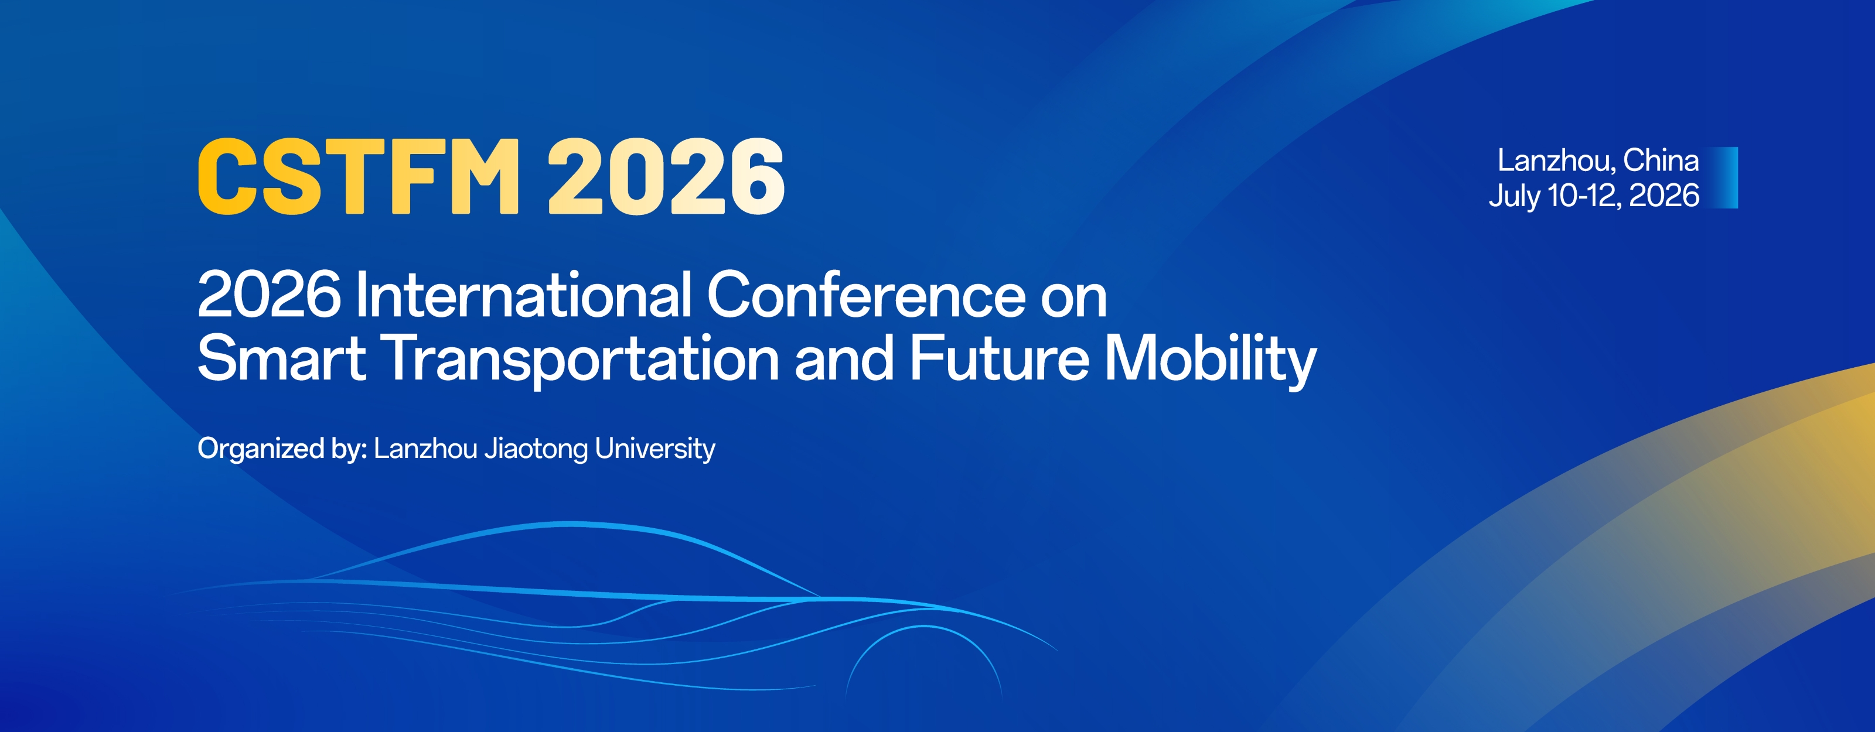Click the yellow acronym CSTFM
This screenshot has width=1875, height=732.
click(x=359, y=177)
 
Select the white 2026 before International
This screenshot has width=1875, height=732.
click(x=268, y=295)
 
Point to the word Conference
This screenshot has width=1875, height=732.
click(x=866, y=295)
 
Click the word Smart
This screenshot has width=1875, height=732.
click(x=282, y=357)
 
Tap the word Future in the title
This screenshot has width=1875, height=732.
click(x=1000, y=357)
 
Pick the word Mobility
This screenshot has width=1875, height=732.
click(x=1211, y=360)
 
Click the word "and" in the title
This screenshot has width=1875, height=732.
click(x=844, y=357)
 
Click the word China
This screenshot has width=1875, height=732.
click(x=1661, y=160)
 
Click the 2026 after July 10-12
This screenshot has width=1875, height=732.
click(x=1664, y=195)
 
